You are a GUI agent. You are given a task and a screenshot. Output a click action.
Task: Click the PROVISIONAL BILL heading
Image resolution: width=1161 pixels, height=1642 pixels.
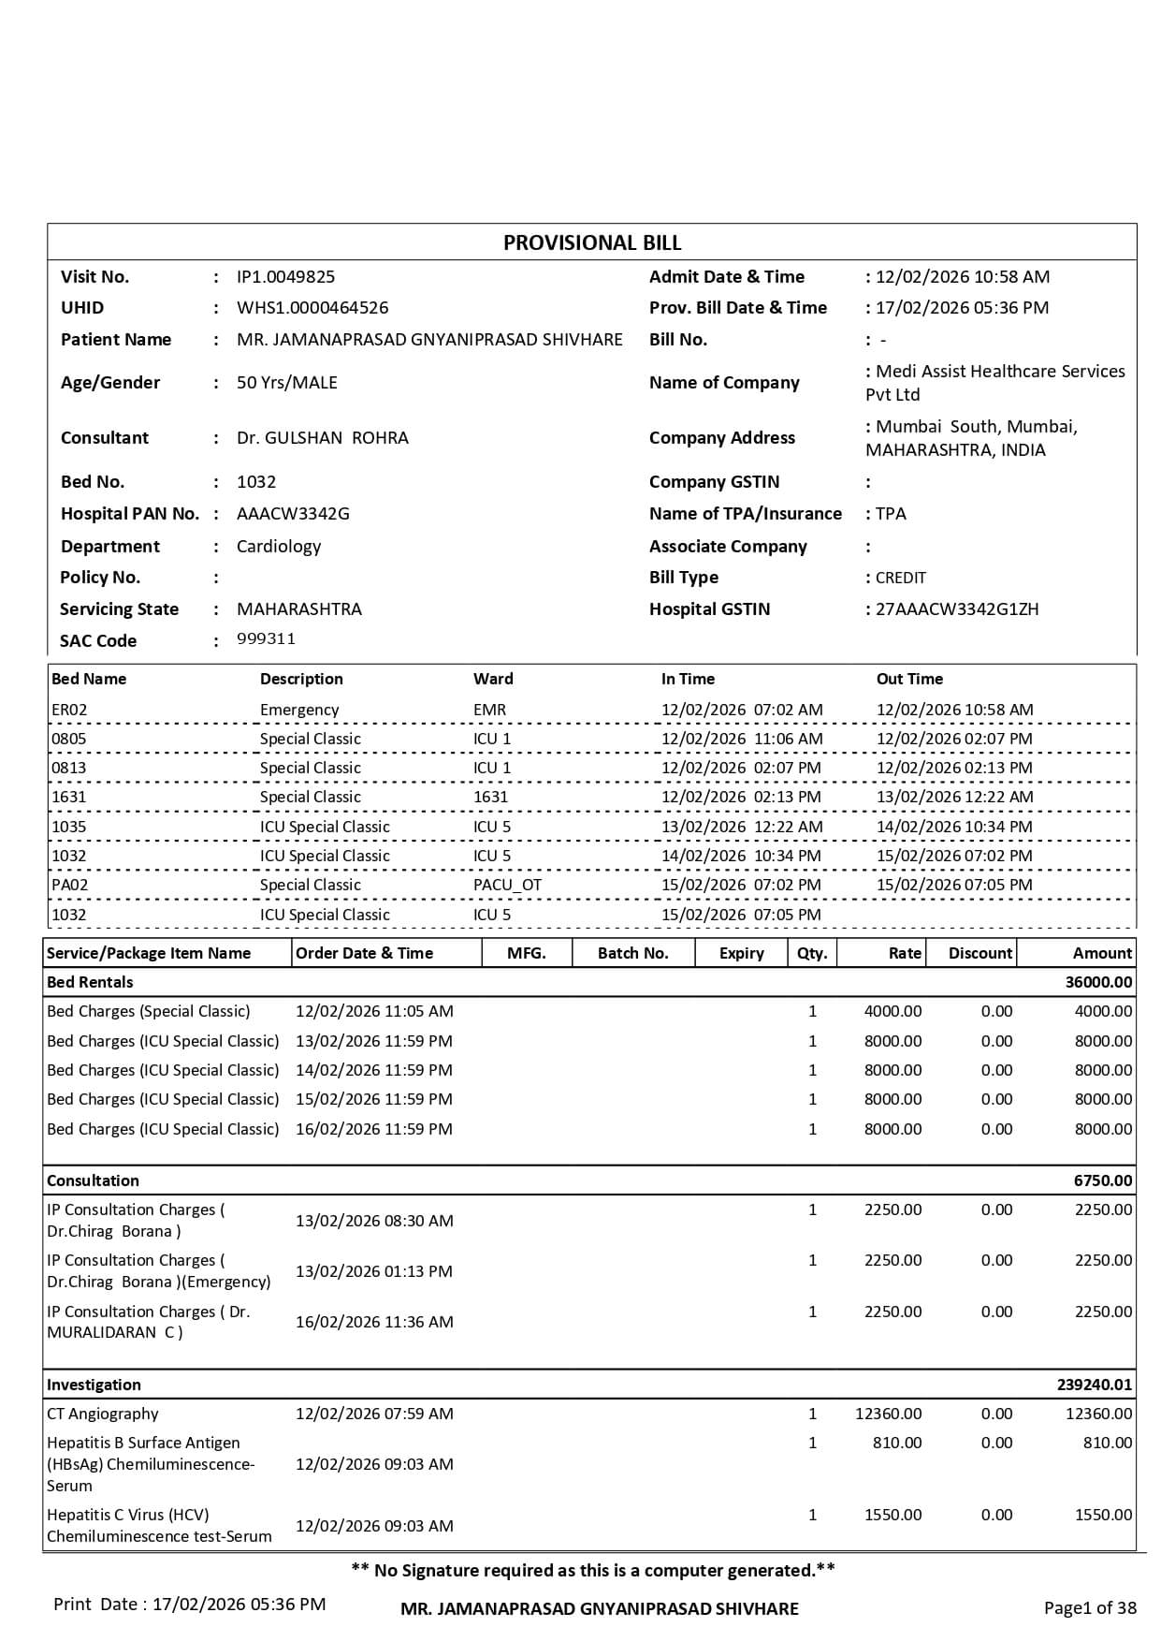point(592,243)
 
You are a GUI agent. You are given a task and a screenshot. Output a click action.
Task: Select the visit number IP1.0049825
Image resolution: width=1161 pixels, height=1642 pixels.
point(285,277)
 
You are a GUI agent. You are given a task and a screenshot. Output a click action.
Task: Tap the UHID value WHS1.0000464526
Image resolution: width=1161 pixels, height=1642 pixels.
point(312,308)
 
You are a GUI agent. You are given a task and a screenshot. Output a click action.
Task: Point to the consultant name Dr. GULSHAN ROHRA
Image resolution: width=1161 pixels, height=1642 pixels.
point(322,438)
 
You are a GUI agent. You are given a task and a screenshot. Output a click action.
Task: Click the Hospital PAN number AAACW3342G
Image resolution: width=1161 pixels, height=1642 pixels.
point(293,514)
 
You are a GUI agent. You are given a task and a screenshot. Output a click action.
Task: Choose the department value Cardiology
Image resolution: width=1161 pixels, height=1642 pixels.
point(279,547)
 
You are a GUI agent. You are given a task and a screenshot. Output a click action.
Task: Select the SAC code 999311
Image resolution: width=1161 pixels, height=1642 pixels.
point(266,639)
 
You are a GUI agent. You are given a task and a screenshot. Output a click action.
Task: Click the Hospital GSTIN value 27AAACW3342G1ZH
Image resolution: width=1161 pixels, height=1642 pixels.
point(957,609)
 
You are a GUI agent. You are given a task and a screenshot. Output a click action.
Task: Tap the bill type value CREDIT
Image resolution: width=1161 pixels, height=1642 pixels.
point(901,578)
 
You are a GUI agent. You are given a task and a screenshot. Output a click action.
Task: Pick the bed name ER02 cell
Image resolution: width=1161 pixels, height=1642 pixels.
point(69,711)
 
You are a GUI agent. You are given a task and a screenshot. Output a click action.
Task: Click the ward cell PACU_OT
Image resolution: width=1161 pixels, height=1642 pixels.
point(507,885)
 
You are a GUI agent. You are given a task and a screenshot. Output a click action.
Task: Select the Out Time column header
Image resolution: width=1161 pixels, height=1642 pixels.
point(909,680)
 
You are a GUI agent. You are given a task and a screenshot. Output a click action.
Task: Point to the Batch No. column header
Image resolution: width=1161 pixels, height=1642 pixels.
point(633,953)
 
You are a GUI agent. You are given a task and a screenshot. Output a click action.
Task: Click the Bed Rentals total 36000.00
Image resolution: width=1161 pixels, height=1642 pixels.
point(1098,983)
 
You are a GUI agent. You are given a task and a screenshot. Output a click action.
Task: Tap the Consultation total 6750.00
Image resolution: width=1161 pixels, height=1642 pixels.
point(1102,1181)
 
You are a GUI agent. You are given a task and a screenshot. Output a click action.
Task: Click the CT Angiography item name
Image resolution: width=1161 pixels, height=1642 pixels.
point(103,1414)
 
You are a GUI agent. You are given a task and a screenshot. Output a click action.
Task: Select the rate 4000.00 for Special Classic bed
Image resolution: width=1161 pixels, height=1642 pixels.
point(893,1012)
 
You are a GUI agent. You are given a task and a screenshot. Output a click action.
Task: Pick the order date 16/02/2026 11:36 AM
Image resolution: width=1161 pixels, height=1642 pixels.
point(374,1322)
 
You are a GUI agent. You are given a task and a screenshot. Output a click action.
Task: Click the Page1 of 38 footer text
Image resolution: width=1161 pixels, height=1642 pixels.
point(1090,1608)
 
